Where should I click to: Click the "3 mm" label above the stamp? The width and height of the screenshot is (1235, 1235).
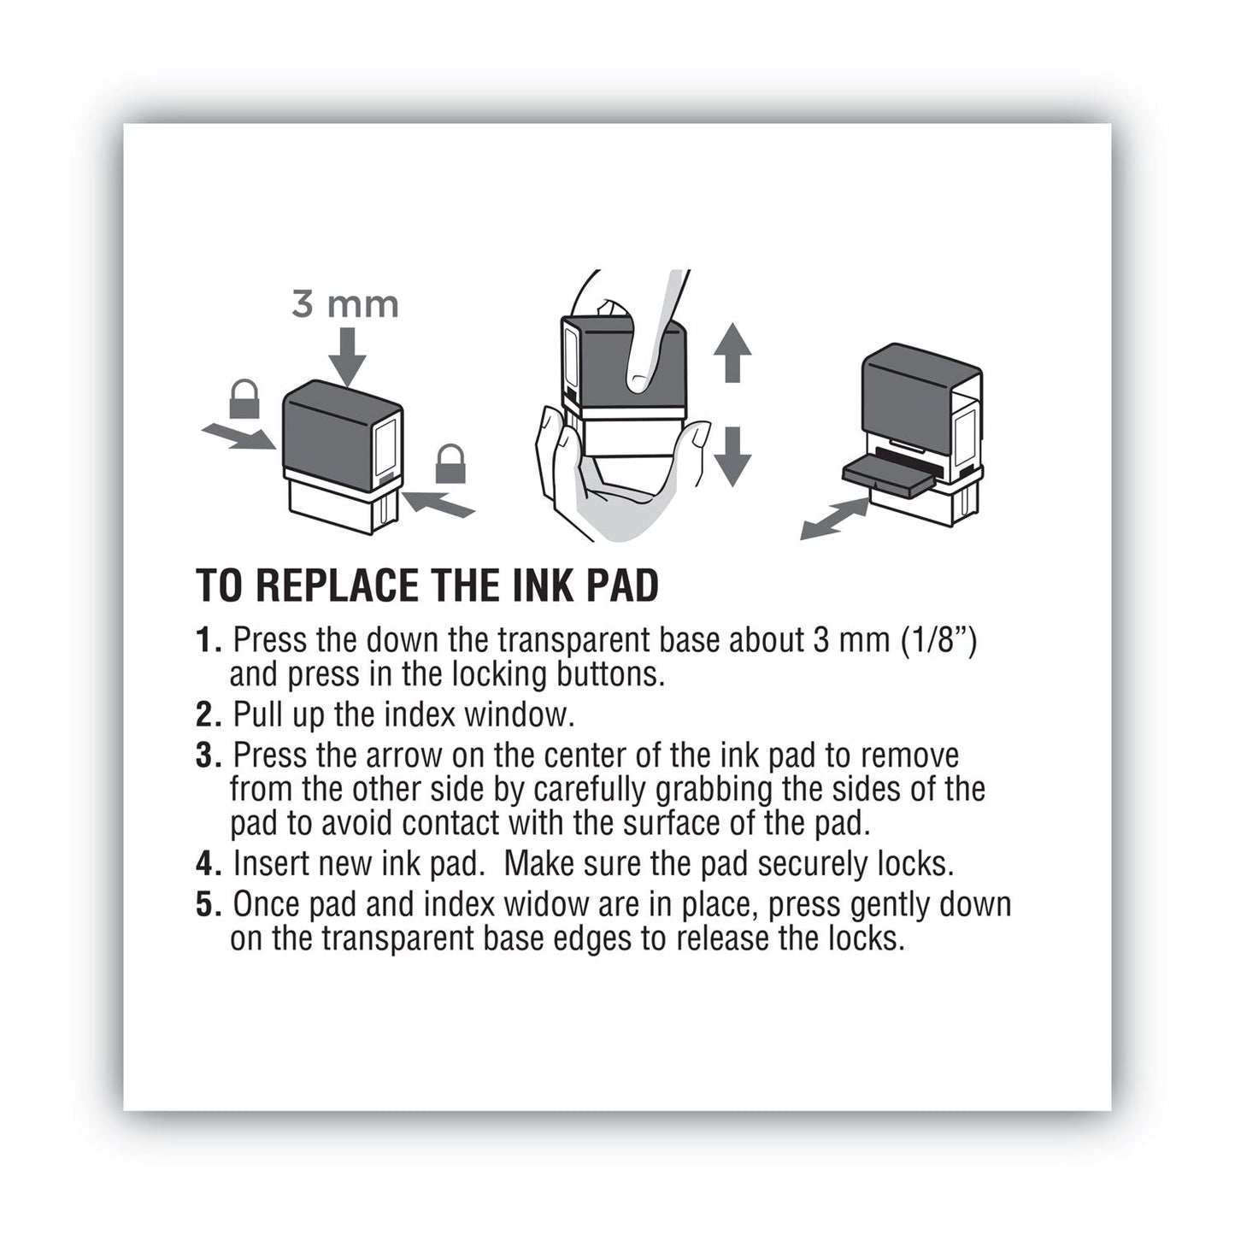(344, 305)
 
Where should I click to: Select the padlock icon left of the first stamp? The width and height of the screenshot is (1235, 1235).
(244, 400)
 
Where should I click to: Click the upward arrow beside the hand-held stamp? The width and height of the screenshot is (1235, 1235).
(732, 352)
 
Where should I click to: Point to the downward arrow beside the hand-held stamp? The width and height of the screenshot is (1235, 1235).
(732, 456)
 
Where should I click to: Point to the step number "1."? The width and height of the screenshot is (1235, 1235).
(209, 640)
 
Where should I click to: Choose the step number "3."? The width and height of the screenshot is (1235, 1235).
(209, 756)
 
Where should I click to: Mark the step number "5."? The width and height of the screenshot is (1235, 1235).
(209, 905)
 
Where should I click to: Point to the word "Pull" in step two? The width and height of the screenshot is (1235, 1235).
(259, 715)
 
